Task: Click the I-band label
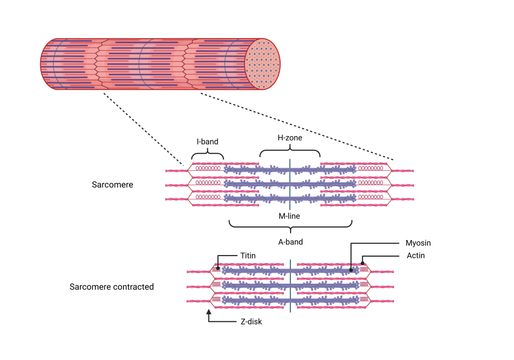(x=207, y=142)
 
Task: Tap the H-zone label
(x=290, y=138)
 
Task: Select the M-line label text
(x=289, y=216)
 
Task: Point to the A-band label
(x=291, y=242)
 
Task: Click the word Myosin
(x=418, y=243)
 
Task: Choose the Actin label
(x=416, y=256)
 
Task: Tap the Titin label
(x=248, y=256)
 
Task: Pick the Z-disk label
(x=251, y=322)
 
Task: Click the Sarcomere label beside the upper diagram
(x=112, y=185)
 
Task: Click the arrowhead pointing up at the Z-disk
(x=209, y=312)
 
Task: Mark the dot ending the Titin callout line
(x=218, y=268)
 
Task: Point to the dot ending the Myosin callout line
(x=351, y=270)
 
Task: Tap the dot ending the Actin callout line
(x=362, y=263)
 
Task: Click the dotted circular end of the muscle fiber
(x=263, y=64)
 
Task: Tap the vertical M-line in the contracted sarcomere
(x=291, y=286)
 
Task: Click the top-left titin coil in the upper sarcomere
(x=208, y=168)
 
